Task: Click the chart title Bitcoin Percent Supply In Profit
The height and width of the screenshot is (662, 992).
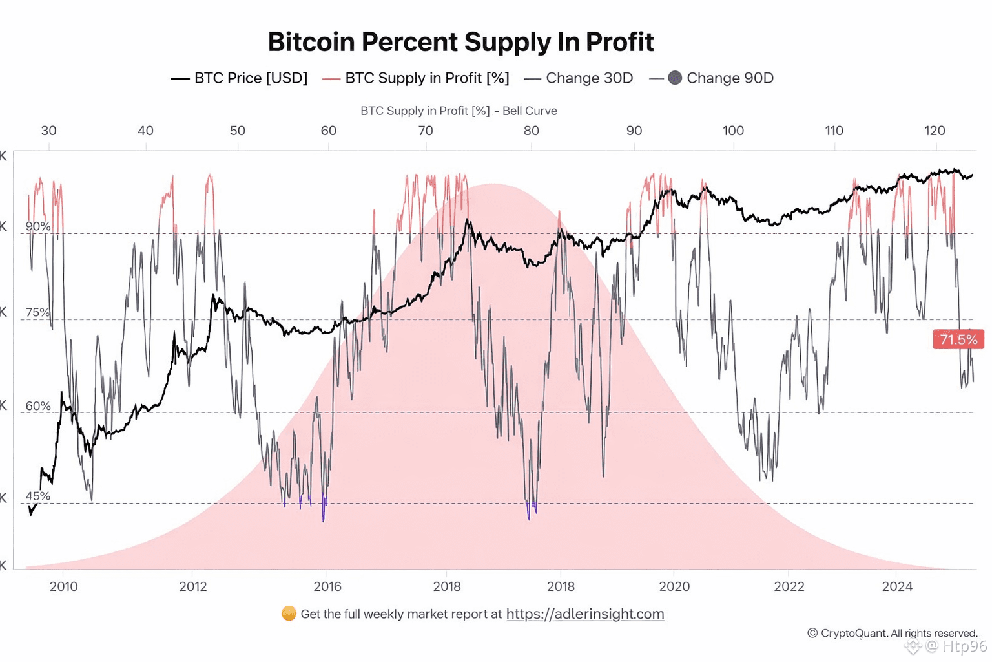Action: click(x=460, y=42)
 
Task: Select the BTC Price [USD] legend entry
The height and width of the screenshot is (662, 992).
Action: click(x=239, y=78)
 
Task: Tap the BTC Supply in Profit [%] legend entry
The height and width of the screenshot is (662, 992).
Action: click(x=416, y=78)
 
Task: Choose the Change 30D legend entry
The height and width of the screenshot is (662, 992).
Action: click(x=579, y=78)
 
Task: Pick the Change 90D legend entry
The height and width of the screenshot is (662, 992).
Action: click(x=712, y=78)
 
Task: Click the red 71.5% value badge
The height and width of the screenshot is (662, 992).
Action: click(x=958, y=339)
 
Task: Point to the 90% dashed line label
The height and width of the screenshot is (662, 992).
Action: click(x=38, y=226)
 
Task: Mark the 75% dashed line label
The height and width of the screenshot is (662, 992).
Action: click(x=38, y=312)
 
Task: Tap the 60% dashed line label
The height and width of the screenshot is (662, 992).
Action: click(x=38, y=406)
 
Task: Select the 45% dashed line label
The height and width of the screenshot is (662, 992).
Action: click(x=38, y=496)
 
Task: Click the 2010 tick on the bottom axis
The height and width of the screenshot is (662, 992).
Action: click(x=63, y=586)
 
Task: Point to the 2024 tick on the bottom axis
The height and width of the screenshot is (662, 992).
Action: click(x=897, y=586)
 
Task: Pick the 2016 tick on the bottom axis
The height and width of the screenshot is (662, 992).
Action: click(x=327, y=586)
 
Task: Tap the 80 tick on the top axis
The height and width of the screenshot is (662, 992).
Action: click(x=531, y=131)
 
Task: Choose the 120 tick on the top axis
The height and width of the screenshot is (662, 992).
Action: click(x=935, y=131)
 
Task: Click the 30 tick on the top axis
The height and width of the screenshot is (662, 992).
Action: click(x=48, y=131)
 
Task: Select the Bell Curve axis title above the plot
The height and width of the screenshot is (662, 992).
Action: click(x=459, y=111)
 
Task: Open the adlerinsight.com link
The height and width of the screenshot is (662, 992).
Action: click(x=584, y=614)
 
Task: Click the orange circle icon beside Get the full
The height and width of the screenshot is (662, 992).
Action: click(x=289, y=614)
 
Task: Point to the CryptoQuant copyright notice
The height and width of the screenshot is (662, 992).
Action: click(x=893, y=633)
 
